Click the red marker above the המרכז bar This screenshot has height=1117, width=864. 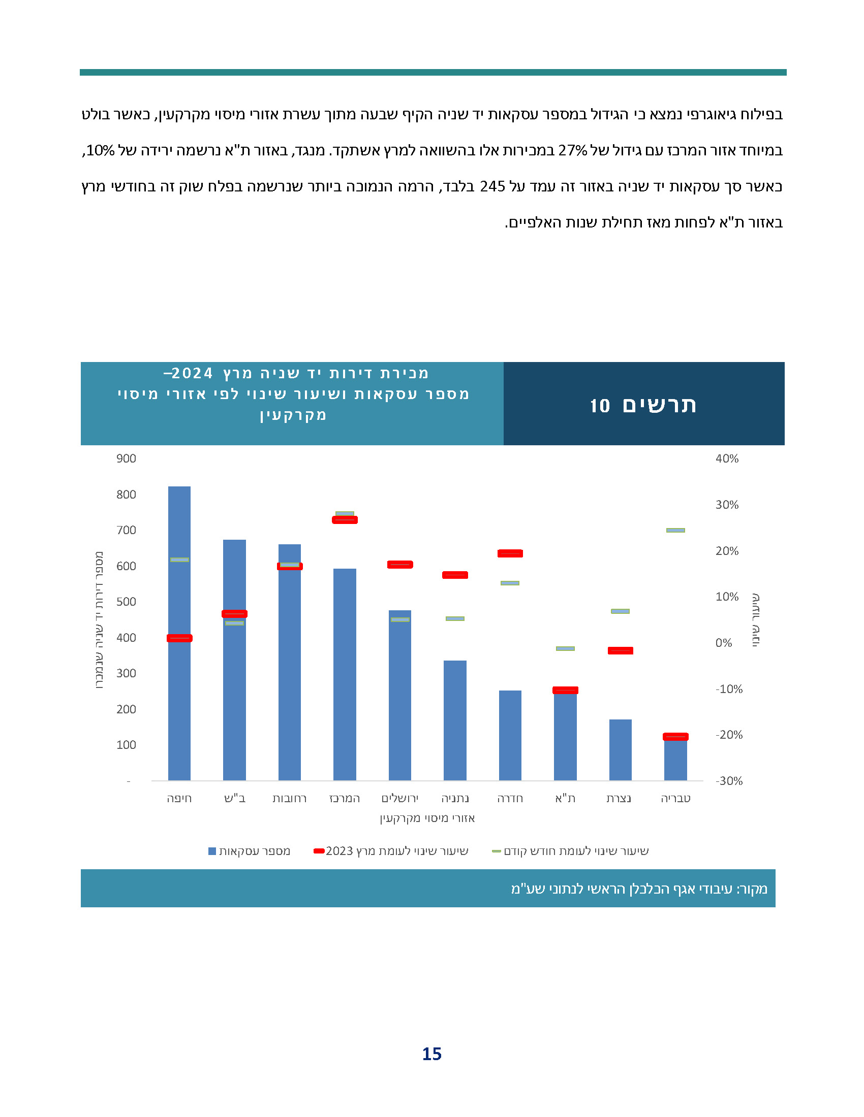tap(345, 519)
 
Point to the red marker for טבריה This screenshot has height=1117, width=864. tap(675, 737)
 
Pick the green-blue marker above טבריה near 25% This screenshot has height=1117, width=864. tap(675, 531)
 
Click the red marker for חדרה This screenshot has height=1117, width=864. tap(510, 553)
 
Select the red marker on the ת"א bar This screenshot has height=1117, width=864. tap(565, 691)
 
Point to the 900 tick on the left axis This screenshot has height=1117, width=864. tap(126, 459)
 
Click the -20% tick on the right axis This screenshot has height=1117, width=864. tap(729, 735)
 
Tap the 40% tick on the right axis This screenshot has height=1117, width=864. tap(727, 459)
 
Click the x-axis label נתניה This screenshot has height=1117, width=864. tap(455, 798)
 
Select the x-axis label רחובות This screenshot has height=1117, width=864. tap(290, 798)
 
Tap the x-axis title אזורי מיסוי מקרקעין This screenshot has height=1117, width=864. tap(427, 818)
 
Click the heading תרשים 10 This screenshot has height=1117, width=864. tap(643, 405)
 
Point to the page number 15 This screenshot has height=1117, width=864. tap(431, 1054)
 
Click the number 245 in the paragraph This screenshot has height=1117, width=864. tap(492, 186)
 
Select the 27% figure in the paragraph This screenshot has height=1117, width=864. tap(573, 150)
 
